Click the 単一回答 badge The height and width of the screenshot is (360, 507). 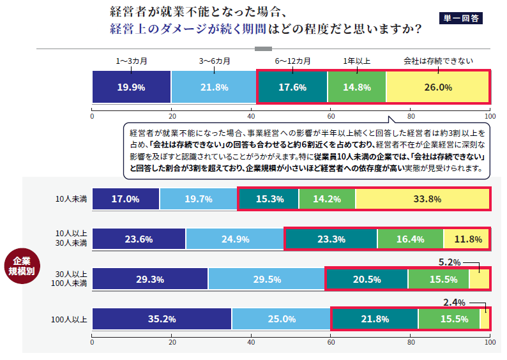click(461, 18)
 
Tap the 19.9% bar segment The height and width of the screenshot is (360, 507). click(132, 87)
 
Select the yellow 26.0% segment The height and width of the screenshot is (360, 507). click(438, 87)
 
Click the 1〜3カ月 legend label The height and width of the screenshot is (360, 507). click(132, 61)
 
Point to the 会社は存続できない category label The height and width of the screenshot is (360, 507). click(438, 61)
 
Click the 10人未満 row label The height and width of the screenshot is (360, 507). click(71, 199)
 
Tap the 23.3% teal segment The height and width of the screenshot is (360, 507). click(331, 239)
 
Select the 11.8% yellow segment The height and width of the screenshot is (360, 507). click(466, 239)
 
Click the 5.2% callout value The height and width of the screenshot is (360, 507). click(450, 262)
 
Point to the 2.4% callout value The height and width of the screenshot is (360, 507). click(454, 303)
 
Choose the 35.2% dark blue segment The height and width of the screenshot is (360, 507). click(162, 319)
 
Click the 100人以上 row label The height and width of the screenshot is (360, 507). click(69, 320)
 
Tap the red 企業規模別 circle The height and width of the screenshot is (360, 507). click(22, 266)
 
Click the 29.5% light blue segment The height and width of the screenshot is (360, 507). click(267, 279)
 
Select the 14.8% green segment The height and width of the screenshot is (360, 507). click(357, 87)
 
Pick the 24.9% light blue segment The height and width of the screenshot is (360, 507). click(235, 239)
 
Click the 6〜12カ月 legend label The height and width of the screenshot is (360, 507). click(292, 61)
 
